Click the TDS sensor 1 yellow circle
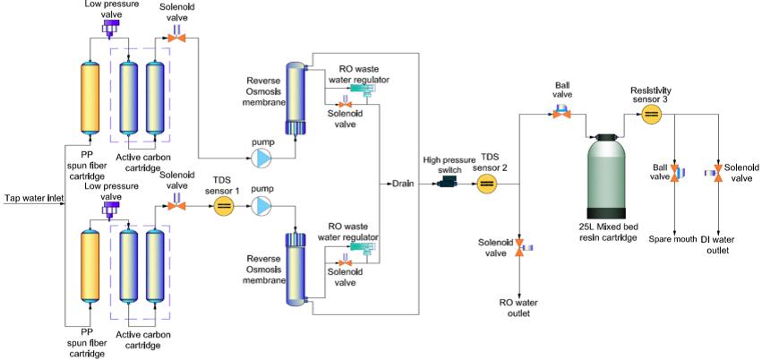tap(224, 207)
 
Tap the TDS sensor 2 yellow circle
tap(486, 184)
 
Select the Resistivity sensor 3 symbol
tap(651, 115)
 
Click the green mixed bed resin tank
tap(605, 176)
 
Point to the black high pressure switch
tap(448, 182)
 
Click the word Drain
tap(403, 184)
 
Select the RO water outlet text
tap(519, 308)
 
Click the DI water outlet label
tap(717, 244)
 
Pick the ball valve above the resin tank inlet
tap(561, 112)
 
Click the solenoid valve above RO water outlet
tap(524, 247)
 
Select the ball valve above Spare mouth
tap(677, 174)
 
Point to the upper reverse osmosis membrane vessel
tap(295, 99)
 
